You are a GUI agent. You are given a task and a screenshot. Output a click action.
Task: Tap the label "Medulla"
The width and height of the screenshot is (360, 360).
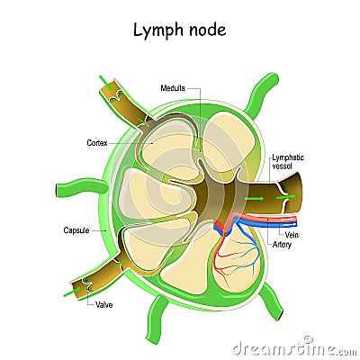tap(173, 87)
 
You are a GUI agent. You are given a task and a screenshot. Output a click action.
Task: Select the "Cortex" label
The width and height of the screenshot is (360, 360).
tap(97, 141)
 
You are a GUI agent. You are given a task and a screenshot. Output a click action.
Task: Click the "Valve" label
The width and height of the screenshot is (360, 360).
tap(104, 305)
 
